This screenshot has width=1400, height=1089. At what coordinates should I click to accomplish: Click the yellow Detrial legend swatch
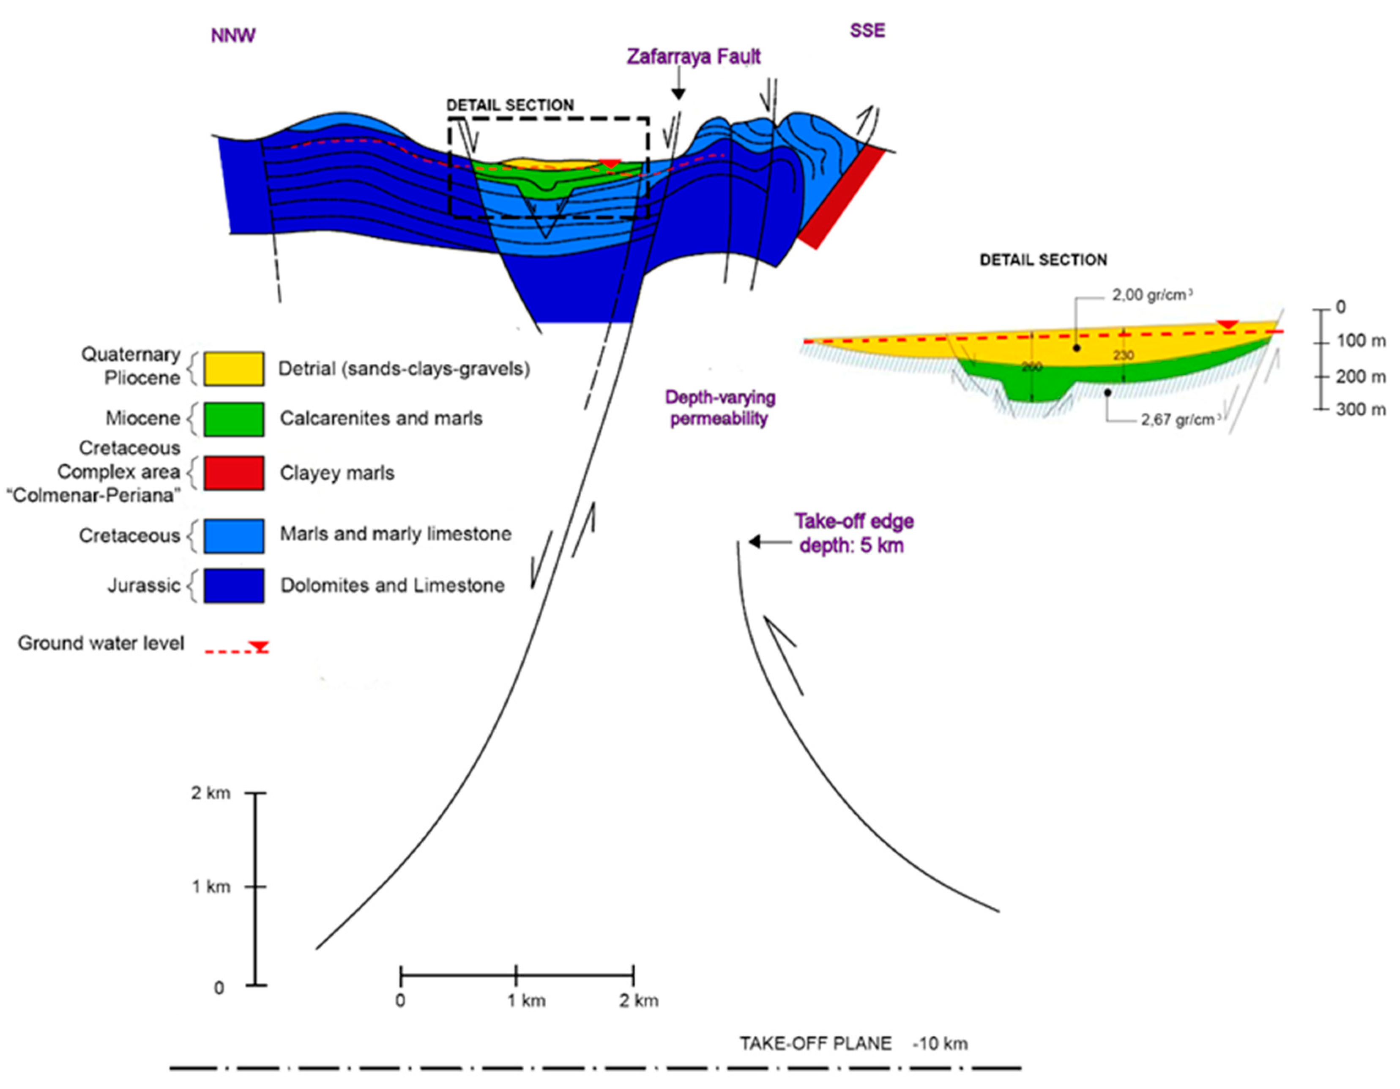[233, 369]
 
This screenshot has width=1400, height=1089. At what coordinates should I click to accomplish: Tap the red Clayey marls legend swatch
[233, 473]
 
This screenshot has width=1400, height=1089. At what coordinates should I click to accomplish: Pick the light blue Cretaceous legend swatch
[233, 535]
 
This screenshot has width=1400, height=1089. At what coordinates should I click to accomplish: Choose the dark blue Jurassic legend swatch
[233, 586]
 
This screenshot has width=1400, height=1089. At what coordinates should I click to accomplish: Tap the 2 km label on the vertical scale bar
[210, 793]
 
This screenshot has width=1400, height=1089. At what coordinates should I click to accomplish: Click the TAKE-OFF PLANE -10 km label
[853, 1043]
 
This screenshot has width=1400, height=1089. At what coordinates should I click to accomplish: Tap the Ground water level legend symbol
[237, 648]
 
